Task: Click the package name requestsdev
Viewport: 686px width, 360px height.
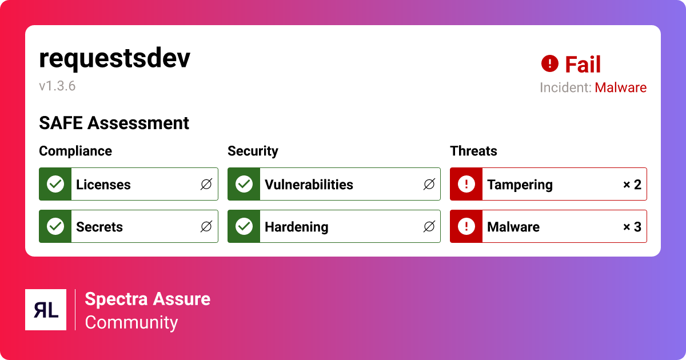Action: point(114,59)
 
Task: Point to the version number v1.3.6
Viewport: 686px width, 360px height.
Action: point(57,86)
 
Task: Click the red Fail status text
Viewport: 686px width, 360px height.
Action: point(583,65)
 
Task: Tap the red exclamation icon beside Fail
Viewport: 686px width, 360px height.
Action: point(549,63)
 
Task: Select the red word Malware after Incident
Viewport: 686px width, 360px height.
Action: point(620,88)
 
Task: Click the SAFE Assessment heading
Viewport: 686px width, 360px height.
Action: point(114,123)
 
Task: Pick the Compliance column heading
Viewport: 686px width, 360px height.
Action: point(75,151)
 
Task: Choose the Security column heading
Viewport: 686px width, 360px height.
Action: point(253,151)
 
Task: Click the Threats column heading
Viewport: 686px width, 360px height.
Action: point(473,151)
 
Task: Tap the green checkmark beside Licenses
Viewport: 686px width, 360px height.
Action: point(55,184)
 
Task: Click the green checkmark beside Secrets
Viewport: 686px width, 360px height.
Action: point(55,226)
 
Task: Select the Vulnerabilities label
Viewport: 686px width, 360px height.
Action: point(309,185)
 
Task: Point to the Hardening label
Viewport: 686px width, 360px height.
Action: point(296,227)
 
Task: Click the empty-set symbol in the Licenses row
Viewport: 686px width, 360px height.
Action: point(206,185)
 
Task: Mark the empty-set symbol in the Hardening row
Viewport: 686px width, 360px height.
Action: point(429,227)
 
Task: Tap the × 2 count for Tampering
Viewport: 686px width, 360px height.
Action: point(632,185)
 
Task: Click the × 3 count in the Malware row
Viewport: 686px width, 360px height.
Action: point(632,227)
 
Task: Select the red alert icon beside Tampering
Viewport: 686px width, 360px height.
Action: point(466,184)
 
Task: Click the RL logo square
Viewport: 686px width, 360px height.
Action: point(46,310)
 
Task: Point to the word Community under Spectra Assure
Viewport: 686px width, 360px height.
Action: point(131,322)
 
